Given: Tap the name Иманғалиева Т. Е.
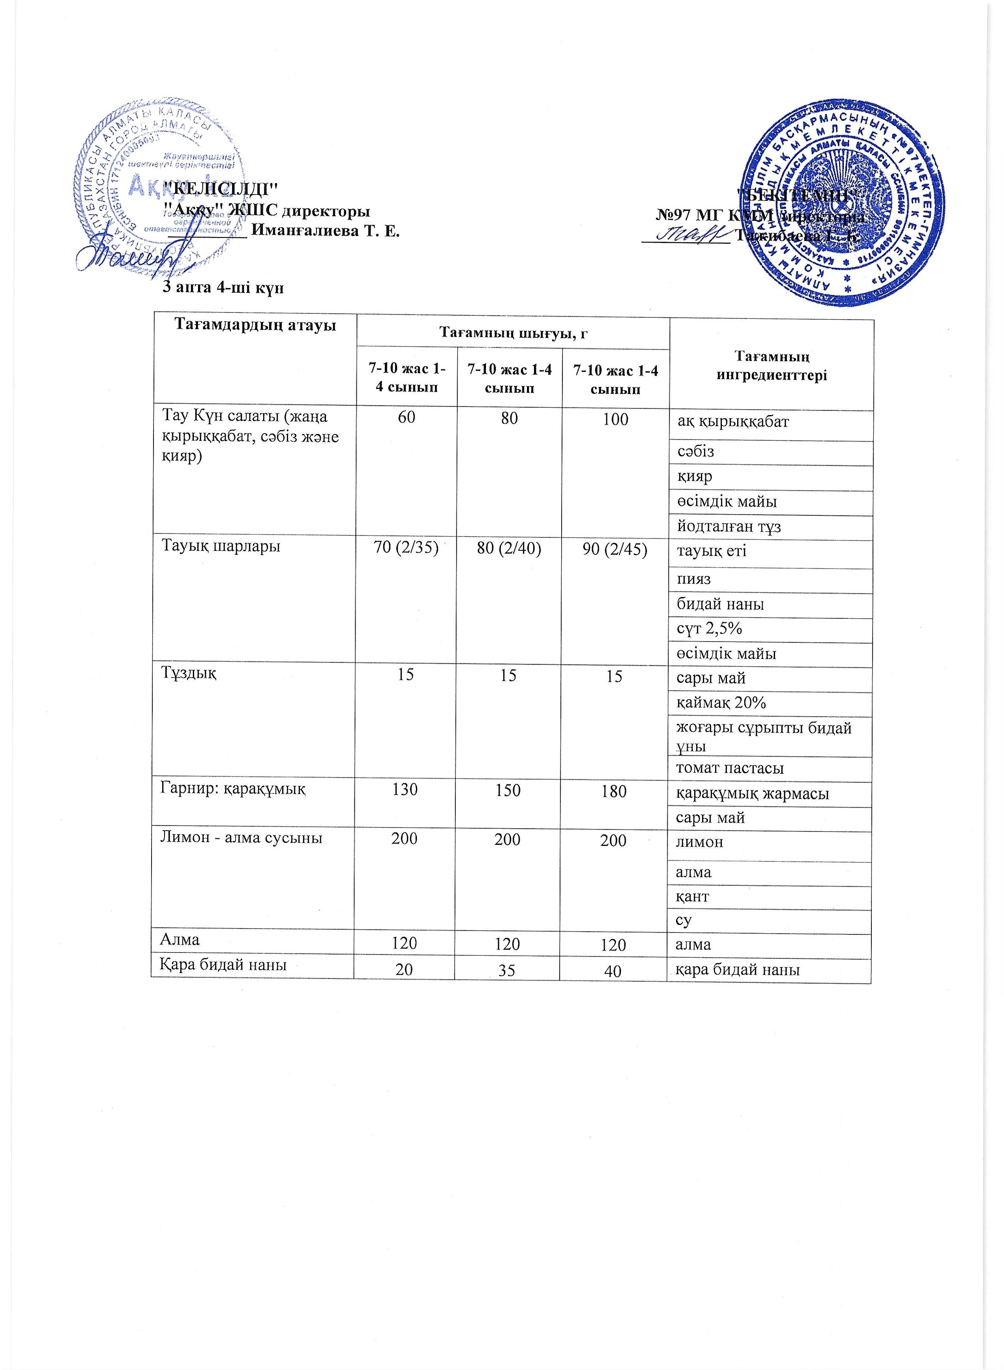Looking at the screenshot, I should (x=325, y=232).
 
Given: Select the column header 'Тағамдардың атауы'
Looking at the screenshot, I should (x=255, y=326).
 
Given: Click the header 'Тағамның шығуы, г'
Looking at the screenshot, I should (x=513, y=333).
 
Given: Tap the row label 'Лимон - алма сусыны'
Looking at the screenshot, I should (x=241, y=838).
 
